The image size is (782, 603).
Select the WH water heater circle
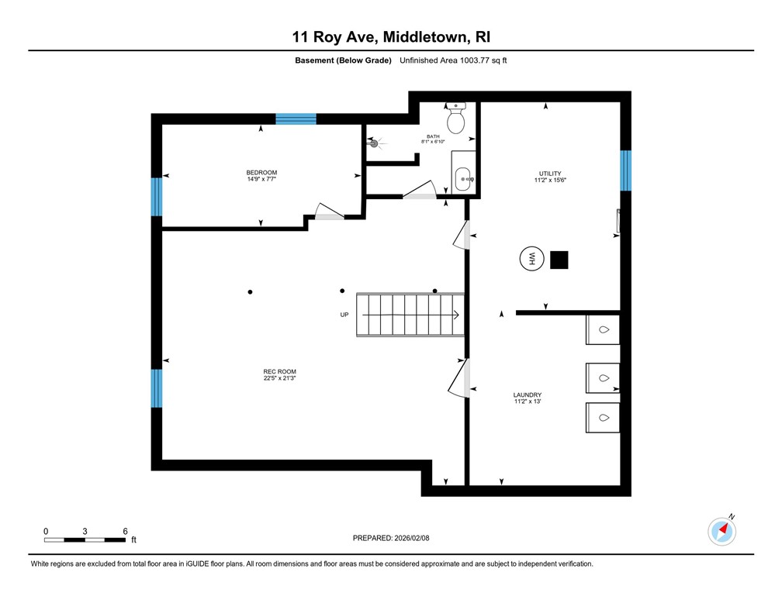pos(532,260)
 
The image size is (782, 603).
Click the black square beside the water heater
pos(559,260)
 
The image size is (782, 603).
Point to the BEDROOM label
pos(261,172)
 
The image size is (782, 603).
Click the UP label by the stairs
pos(344,315)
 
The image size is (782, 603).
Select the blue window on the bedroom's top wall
pos(296,119)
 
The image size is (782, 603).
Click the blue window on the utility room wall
pos(625,170)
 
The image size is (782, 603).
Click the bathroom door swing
pos(420,191)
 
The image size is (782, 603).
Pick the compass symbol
pos(722,531)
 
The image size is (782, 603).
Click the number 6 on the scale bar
pos(126,531)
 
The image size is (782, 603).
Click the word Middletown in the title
pos(419,36)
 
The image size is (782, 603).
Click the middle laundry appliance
pos(603,377)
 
